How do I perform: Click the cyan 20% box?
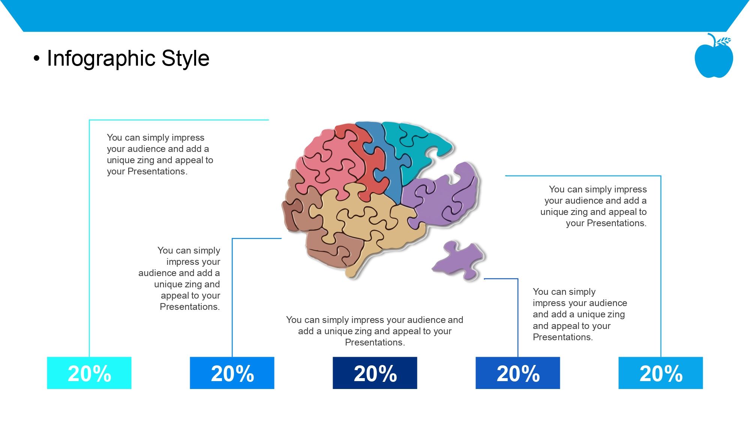89,373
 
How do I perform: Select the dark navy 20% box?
375,373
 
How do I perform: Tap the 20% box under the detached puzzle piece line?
518,373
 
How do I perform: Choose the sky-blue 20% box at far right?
661,373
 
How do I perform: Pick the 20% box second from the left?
232,373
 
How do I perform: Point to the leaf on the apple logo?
724,41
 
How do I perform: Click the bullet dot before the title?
36,59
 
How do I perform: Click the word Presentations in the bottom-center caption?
374,342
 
